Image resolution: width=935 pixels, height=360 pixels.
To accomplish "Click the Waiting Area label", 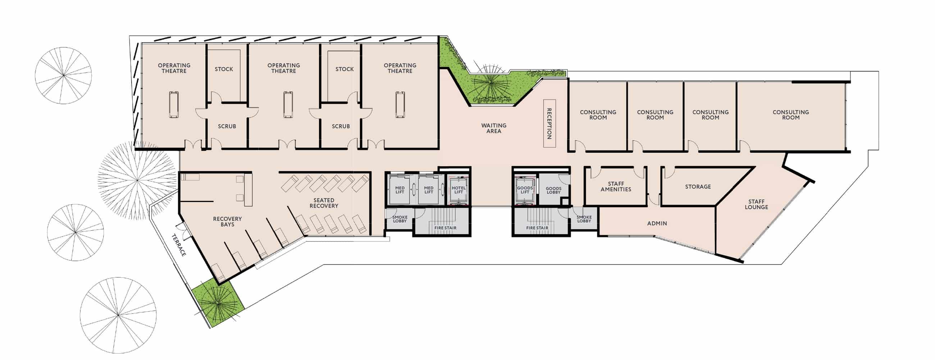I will click(x=494, y=128).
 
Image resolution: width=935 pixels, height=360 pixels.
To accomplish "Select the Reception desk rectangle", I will click(x=549, y=123).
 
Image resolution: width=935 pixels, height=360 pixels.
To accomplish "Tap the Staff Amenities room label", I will click(x=616, y=187).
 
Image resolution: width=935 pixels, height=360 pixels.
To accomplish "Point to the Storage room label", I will click(x=698, y=187).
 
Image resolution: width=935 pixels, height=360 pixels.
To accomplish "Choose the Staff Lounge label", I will click(x=756, y=204).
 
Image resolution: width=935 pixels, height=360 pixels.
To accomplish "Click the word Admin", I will click(x=657, y=224).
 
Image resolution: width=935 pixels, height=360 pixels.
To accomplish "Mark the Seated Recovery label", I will click(x=324, y=203).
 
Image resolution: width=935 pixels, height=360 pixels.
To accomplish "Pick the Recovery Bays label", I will click(x=227, y=222).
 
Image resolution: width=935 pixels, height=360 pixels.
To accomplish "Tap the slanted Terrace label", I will click(x=179, y=245).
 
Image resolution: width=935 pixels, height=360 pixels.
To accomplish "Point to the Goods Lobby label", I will click(x=553, y=190).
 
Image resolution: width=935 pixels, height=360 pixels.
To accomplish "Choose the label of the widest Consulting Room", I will click(x=790, y=115).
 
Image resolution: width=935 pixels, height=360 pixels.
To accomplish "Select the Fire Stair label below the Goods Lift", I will click(x=537, y=228).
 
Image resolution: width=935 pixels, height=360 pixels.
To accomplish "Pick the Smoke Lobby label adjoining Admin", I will click(x=584, y=219).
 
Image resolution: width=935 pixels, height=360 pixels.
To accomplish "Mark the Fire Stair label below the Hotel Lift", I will click(x=445, y=228).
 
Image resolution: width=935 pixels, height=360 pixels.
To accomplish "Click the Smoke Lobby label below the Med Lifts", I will click(x=400, y=219).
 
